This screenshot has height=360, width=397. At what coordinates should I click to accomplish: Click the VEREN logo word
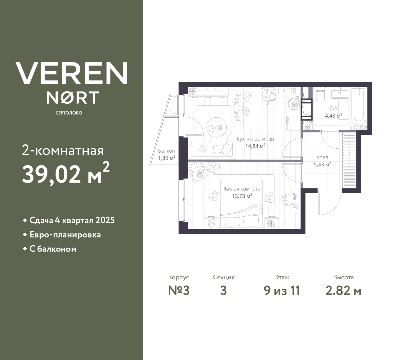click(x=72, y=73)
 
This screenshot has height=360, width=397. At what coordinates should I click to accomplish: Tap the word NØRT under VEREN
click(x=73, y=97)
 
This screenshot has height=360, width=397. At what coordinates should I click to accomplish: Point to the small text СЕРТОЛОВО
click(x=69, y=113)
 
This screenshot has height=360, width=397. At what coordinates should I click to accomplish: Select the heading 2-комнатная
click(x=63, y=151)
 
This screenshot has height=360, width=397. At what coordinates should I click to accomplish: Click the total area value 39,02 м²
click(x=65, y=173)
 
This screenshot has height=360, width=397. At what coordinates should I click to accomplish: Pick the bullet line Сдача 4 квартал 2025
click(x=72, y=220)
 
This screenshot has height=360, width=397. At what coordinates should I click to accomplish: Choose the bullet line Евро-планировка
click(x=65, y=235)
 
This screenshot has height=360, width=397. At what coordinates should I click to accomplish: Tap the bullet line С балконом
click(x=53, y=249)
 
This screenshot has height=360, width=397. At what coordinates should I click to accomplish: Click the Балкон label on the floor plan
click(x=167, y=151)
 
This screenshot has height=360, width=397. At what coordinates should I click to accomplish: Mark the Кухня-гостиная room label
click(x=255, y=139)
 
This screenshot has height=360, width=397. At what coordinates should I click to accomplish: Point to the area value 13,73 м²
click(x=242, y=196)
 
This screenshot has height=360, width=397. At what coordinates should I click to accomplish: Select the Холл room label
click(x=322, y=157)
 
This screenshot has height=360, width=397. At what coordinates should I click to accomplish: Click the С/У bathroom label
click(x=333, y=109)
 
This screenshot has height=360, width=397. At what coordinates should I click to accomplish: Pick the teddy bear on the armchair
click(x=200, y=173)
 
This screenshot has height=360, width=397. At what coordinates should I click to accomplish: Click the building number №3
click(x=179, y=291)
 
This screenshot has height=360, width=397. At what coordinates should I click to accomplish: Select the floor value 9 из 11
click(x=282, y=291)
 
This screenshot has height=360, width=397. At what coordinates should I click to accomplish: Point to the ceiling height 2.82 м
click(x=343, y=291)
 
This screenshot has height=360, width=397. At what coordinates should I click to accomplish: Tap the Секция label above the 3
click(x=224, y=277)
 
